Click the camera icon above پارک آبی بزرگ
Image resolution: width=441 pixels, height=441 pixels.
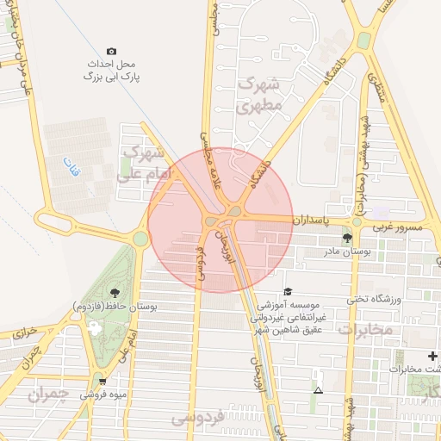110,52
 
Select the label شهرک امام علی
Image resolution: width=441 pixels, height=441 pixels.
142,163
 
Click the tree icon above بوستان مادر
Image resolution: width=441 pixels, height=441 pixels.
347,237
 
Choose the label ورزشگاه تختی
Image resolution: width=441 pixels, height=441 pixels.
375,299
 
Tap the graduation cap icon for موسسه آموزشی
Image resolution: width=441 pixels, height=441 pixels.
288,293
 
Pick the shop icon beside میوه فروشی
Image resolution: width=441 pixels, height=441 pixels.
103,382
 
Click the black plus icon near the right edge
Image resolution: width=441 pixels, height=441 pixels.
432,357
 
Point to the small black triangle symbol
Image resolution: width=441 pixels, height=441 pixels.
319,391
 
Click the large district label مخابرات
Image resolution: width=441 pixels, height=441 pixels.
364,329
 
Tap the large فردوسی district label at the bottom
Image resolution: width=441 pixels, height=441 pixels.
196,419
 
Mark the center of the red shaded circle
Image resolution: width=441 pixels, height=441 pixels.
220,220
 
